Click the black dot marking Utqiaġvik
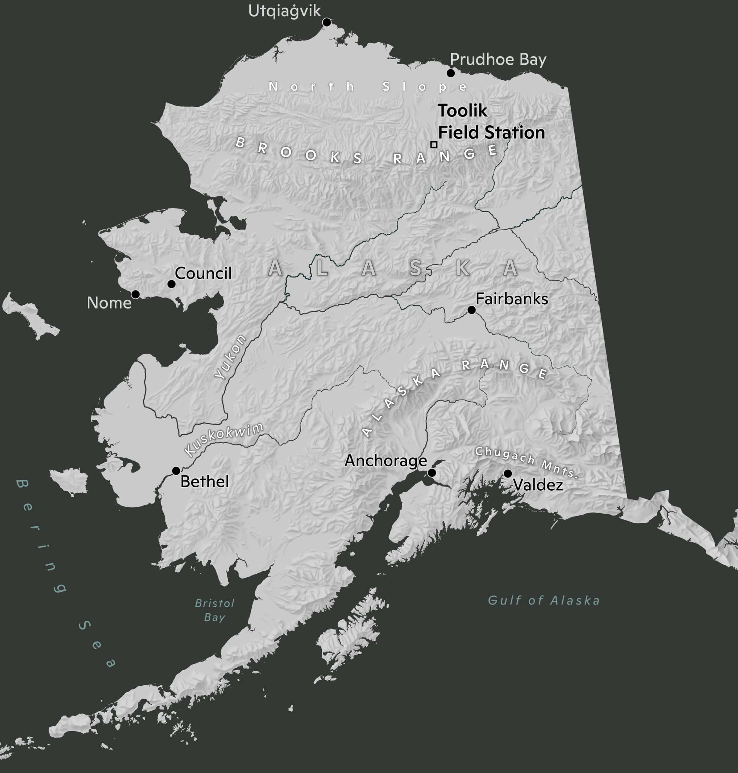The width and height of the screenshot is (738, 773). (327, 22)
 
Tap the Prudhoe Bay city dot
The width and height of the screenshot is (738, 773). (451, 73)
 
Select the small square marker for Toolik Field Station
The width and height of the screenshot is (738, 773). (434, 145)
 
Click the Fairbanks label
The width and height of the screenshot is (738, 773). (511, 299)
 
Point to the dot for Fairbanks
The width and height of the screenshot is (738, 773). (471, 310)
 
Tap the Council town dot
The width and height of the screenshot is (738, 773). (172, 284)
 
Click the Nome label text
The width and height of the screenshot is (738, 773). (109, 303)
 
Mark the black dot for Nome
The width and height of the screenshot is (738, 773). (135, 294)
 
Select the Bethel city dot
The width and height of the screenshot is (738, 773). (176, 471)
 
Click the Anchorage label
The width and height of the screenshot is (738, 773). (385, 460)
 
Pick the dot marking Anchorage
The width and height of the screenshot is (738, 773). (432, 473)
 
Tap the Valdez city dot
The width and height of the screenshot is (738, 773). (508, 473)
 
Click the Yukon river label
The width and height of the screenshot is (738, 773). (230, 357)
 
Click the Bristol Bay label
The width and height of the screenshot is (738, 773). (214, 610)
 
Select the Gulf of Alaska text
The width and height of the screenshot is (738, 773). (544, 600)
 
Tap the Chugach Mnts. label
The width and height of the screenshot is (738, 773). (526, 462)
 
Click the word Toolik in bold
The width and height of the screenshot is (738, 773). (462, 111)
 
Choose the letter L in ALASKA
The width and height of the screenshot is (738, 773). (321, 268)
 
